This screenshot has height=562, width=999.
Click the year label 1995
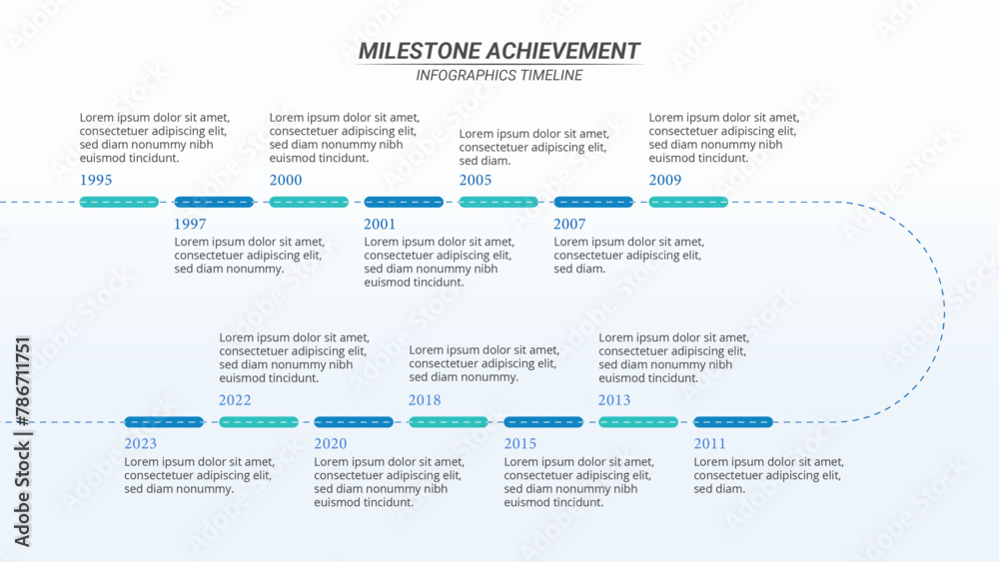(x=96, y=181)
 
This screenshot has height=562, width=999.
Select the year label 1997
(x=190, y=225)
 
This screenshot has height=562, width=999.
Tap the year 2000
(x=286, y=181)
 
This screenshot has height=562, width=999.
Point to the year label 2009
(x=665, y=181)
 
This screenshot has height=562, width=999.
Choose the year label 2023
(x=141, y=444)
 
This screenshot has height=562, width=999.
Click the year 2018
(x=425, y=400)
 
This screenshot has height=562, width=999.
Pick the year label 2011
(x=710, y=444)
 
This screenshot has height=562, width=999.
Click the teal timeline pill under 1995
(x=119, y=203)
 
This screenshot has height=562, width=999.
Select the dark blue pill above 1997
(x=214, y=203)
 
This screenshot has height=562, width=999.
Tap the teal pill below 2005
(x=499, y=203)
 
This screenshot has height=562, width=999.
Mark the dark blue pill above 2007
(x=593, y=203)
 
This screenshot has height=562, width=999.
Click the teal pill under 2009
(x=688, y=203)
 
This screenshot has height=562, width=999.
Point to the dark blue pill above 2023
(x=164, y=422)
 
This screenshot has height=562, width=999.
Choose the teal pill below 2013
(x=638, y=422)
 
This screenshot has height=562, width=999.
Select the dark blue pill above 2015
(x=543, y=422)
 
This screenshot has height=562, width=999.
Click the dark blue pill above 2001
(x=404, y=203)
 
